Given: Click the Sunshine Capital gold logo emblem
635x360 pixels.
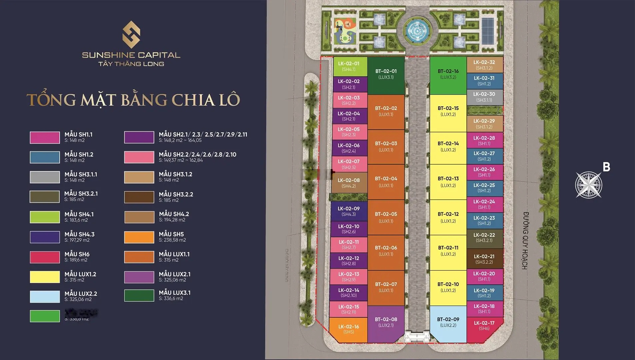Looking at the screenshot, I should click(x=131, y=34).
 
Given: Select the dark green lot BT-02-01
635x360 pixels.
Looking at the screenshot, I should click(x=386, y=75).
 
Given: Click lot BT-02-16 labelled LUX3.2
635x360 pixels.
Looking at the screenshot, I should click(x=448, y=75).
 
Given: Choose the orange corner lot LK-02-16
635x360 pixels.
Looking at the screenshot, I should click(x=348, y=329).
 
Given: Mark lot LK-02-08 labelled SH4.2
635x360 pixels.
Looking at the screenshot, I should click(x=349, y=183).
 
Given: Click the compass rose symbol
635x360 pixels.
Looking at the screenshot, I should click(x=588, y=185).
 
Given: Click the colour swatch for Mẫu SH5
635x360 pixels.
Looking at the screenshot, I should click(x=139, y=237).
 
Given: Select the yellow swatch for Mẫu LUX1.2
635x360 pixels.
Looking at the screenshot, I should click(x=45, y=277).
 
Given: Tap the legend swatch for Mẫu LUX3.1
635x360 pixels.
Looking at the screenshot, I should click(x=139, y=295).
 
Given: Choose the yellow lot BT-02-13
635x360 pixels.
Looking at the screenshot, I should click(x=448, y=182).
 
